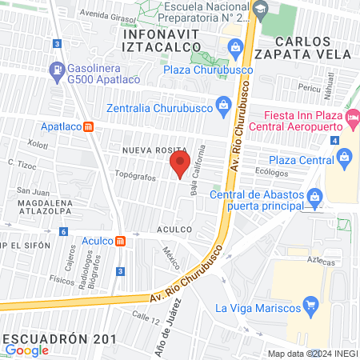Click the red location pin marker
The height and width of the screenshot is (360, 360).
click(180, 166)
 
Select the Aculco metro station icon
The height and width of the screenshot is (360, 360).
click(120, 241)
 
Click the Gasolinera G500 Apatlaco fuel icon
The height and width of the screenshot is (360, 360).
click(57, 71)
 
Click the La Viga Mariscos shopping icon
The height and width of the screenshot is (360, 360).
click(311, 306)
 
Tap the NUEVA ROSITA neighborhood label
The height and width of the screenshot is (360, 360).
click(154, 150)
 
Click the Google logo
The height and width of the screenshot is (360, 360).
click(27, 350)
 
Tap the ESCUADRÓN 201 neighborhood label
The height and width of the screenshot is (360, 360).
click(52, 337)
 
